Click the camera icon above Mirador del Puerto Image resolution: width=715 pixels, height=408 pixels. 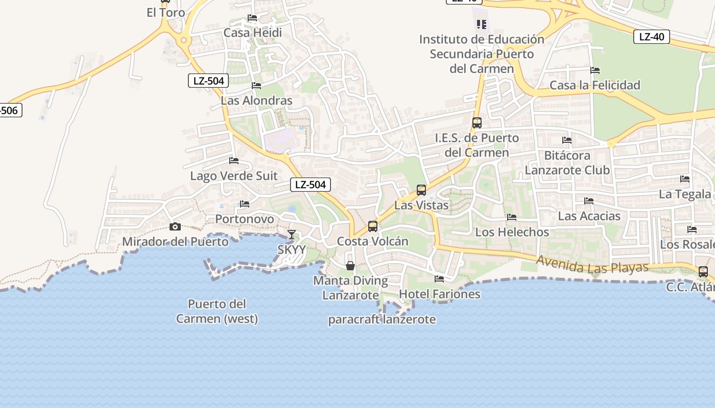175,227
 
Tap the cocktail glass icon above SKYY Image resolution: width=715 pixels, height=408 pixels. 291,235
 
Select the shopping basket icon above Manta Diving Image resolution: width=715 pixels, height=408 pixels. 350,266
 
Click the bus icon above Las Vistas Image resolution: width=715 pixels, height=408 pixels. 421,190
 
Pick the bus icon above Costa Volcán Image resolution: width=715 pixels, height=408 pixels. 373,226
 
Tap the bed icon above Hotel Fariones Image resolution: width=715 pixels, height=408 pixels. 439,279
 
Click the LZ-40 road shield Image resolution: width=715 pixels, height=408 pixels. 651,37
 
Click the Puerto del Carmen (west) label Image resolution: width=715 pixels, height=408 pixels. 217,312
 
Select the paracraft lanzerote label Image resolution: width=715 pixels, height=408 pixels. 382,320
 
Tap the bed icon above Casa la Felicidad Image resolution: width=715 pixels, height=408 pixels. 595,70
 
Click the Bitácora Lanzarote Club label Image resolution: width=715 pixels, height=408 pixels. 567,163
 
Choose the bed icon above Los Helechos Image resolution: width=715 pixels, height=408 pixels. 512,218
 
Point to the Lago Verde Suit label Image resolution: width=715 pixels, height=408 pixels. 234,176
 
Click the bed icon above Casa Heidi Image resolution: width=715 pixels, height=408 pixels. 252,18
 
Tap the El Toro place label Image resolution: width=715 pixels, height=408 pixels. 166,13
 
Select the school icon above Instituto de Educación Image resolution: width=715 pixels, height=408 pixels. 481,24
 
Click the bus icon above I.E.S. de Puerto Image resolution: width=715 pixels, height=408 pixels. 477,123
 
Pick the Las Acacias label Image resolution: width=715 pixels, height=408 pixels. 589,216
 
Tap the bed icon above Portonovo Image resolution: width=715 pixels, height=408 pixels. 245,205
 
